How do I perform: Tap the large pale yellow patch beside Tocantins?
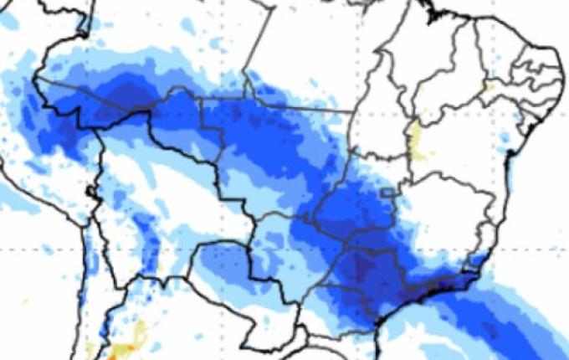[x=416, y=139]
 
